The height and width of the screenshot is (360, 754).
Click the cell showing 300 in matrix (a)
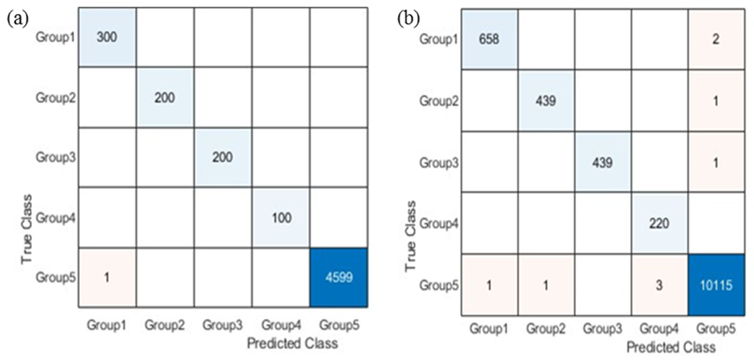pos(107,37)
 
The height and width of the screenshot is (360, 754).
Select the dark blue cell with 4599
pos(339,277)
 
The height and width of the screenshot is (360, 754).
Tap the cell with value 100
pos(281,218)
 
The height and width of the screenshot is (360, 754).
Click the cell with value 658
pos(489,39)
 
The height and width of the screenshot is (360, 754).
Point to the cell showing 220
pos(659,224)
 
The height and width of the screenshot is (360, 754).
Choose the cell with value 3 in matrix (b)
pos(659,285)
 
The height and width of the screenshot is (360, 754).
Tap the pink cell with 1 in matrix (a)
pos(107,277)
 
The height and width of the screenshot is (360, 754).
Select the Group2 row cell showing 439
pos(546,101)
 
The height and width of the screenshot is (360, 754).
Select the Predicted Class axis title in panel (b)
pos(671,347)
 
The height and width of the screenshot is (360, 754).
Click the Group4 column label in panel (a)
pos(281,325)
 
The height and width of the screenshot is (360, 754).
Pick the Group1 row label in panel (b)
pos(439,39)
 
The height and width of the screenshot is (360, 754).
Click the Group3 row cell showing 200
pos(223,157)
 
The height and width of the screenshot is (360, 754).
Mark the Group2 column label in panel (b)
pos(546,329)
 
